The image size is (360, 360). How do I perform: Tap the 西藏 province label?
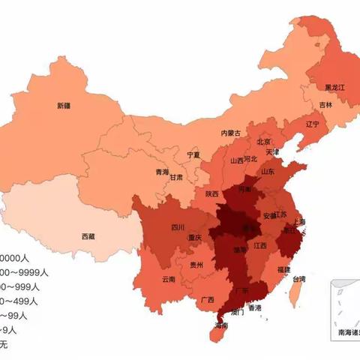[88, 235]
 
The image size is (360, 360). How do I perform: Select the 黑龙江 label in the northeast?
[334, 88]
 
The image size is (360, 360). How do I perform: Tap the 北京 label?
[263, 141]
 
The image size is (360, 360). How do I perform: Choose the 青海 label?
[162, 172]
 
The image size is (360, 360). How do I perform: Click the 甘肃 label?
[176, 178]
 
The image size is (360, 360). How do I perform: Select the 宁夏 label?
[193, 155]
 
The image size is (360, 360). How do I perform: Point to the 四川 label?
[177, 227]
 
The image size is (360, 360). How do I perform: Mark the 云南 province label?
[169, 279]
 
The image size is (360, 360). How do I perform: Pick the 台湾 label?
[298, 279]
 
